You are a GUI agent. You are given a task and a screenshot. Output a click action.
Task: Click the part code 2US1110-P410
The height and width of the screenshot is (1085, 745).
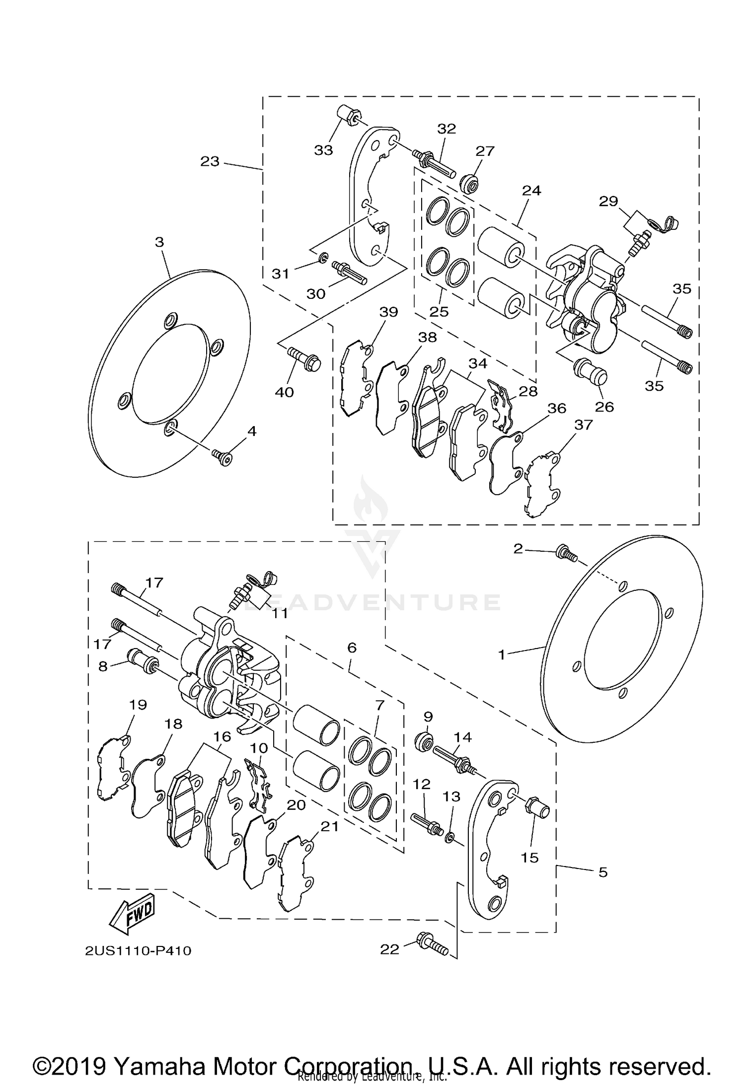tap(138, 950)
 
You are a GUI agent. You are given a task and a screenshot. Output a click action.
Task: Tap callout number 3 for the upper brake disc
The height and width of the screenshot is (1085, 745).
tap(159, 242)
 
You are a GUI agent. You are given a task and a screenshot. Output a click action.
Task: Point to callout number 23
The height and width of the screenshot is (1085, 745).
tap(210, 161)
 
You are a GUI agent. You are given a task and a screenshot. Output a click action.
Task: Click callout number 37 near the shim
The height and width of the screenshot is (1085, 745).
tap(583, 425)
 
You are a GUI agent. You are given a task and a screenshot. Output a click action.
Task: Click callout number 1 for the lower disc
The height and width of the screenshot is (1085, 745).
tap(502, 655)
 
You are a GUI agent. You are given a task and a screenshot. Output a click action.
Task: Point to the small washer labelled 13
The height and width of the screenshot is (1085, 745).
tap(449, 838)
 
